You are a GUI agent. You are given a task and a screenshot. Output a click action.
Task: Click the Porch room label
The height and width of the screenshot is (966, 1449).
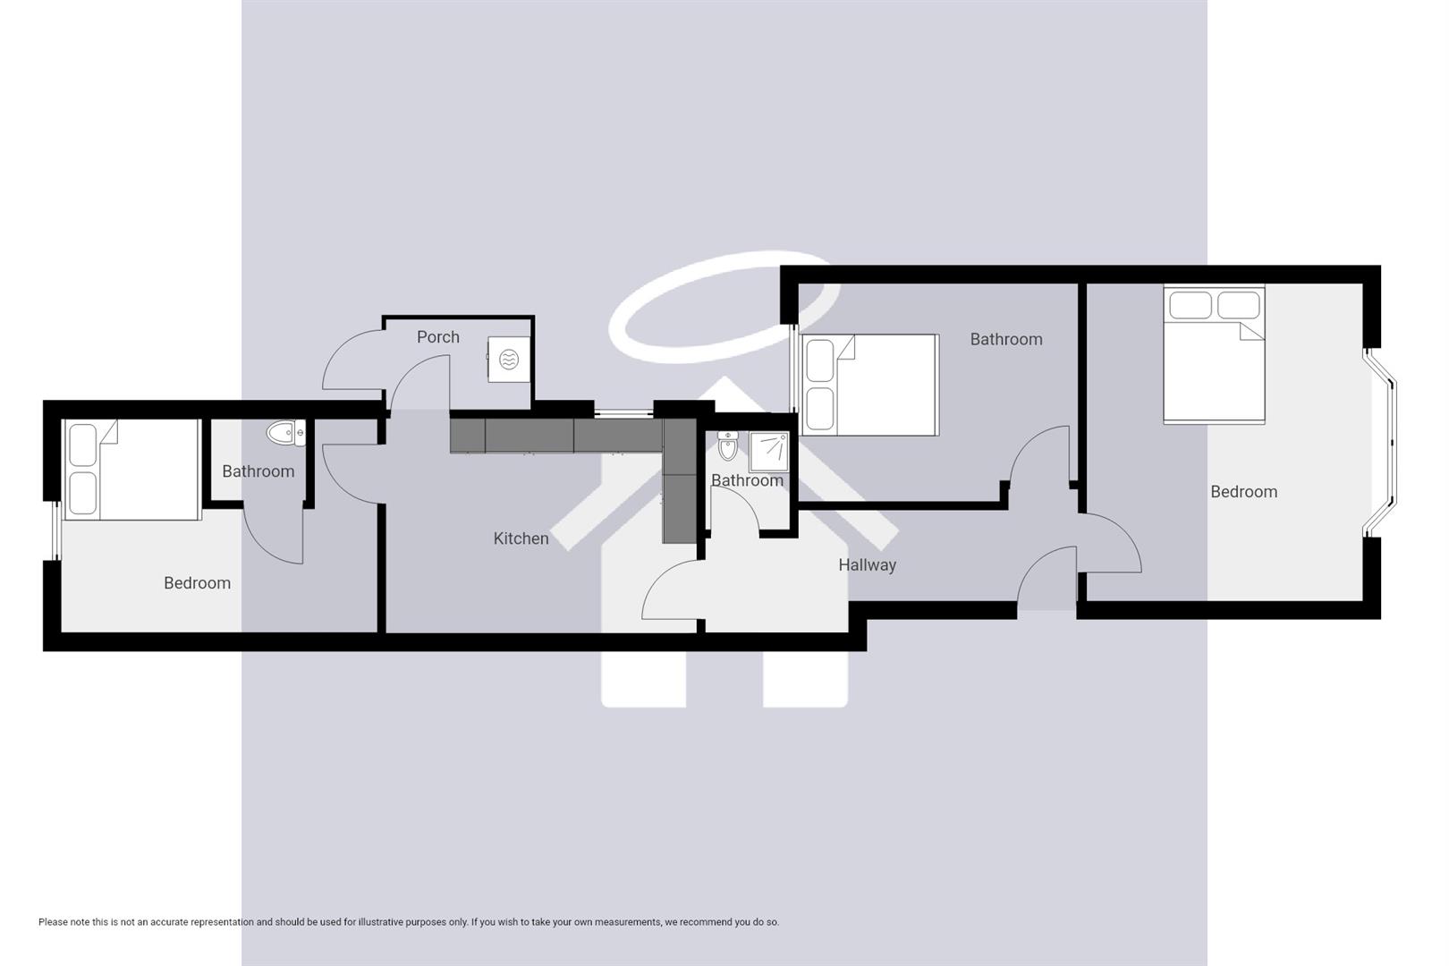coord(438,337)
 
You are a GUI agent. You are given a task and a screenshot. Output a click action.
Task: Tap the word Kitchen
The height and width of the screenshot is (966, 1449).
coord(521,538)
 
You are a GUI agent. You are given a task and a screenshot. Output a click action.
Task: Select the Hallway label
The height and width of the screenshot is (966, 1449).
coord(867,565)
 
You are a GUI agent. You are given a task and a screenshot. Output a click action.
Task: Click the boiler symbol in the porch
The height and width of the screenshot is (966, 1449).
coord(508,360)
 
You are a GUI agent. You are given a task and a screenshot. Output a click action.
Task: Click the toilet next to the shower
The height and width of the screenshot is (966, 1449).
coord(727,445)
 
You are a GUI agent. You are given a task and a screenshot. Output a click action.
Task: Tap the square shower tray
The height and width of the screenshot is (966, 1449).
coord(768,452)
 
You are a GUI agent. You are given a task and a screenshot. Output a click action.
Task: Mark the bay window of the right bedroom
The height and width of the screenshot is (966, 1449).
coord(1382,443)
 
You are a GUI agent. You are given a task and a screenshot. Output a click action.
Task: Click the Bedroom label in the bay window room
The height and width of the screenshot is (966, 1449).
coord(1243,492)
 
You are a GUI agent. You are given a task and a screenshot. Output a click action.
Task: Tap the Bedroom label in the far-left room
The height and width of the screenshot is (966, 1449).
coord(197,583)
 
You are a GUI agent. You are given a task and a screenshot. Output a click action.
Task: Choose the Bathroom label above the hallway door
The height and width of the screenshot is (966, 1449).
coord(1006,340)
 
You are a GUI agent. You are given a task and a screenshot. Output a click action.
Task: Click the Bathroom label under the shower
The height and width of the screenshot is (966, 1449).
coord(747,481)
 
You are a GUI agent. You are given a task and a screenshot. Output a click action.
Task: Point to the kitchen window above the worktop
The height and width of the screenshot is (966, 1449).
coord(623,413)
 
